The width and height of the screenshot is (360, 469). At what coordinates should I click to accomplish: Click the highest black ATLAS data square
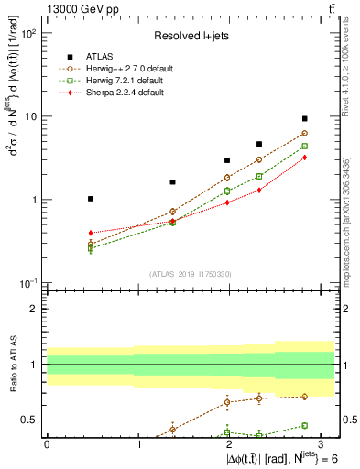(305, 119)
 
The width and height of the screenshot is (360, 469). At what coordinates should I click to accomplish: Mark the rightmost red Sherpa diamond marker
(305, 158)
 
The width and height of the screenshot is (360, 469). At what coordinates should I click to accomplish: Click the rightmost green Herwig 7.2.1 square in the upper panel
(305, 146)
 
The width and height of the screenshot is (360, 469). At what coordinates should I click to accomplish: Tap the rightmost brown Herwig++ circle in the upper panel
(305, 133)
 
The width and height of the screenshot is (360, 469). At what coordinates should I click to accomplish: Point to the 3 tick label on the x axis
(321, 443)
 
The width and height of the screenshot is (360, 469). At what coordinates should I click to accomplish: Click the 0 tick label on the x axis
(47, 443)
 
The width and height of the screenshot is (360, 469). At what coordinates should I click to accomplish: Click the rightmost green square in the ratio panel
(305, 425)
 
